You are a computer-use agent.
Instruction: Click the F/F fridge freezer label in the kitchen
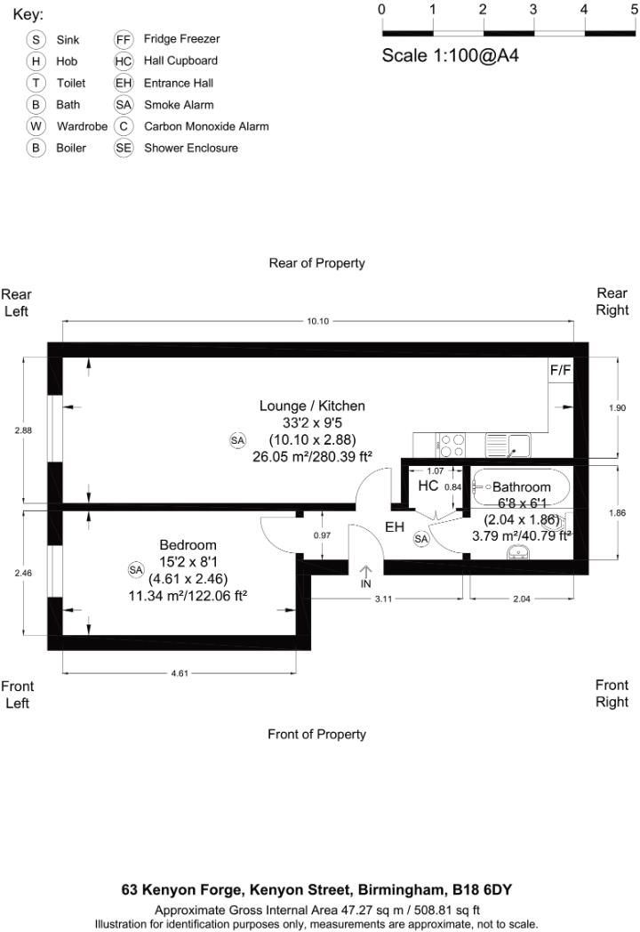(560, 371)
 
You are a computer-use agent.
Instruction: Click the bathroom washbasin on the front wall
(516, 553)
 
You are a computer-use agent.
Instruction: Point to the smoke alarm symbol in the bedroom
(136, 569)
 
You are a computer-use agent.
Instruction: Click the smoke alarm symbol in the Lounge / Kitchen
(236, 439)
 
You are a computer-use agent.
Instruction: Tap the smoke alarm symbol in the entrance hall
(420, 538)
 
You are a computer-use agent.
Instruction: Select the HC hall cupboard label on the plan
(428, 486)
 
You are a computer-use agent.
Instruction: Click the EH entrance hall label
(394, 527)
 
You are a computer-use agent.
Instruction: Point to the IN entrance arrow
(365, 576)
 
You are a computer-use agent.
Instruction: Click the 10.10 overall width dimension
(317, 321)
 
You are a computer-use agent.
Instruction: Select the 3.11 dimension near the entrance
(383, 601)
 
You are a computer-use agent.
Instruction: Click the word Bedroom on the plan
(188, 544)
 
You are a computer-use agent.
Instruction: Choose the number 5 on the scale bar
(632, 10)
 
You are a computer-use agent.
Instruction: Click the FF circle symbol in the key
(124, 39)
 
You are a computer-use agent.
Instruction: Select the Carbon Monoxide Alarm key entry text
(206, 126)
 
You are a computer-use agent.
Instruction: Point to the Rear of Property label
(316, 263)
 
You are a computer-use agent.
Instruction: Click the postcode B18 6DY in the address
(482, 889)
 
